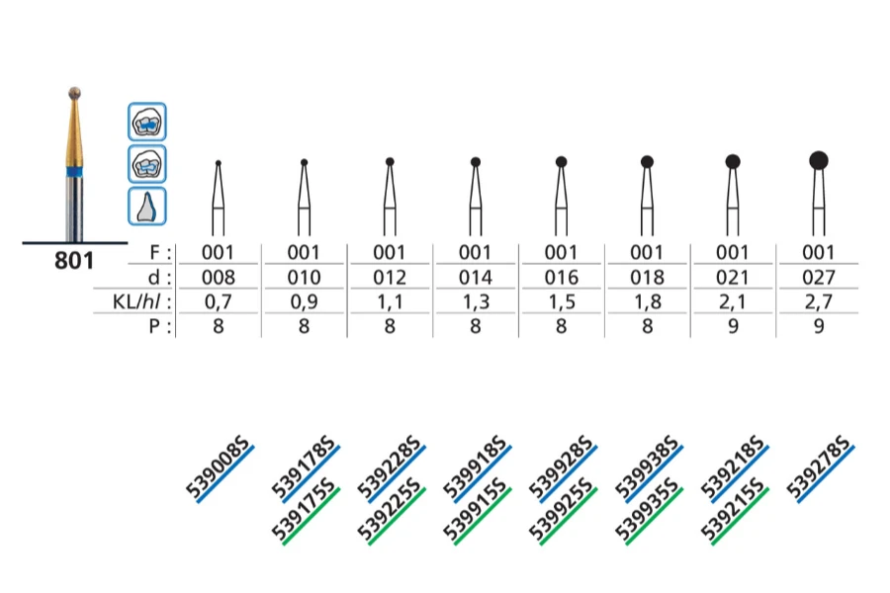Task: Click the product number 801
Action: [75, 261]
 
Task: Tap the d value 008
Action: [219, 278]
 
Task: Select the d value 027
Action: [818, 278]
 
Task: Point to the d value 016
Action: [561, 278]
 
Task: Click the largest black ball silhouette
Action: [818, 159]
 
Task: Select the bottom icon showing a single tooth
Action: [146, 206]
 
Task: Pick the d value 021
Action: [733, 278]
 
